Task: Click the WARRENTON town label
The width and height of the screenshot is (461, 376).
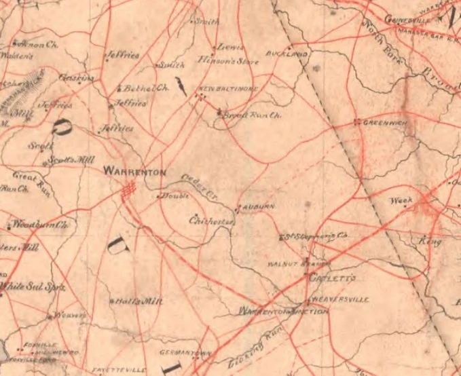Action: (x=134, y=172)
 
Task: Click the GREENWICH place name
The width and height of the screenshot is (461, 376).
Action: (x=384, y=123)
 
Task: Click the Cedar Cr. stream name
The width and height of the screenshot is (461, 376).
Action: (x=200, y=186)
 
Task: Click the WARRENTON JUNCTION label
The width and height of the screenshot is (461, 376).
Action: (x=284, y=312)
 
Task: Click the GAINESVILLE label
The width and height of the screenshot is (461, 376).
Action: (x=408, y=19)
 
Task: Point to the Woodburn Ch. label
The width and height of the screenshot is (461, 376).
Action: (x=39, y=224)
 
